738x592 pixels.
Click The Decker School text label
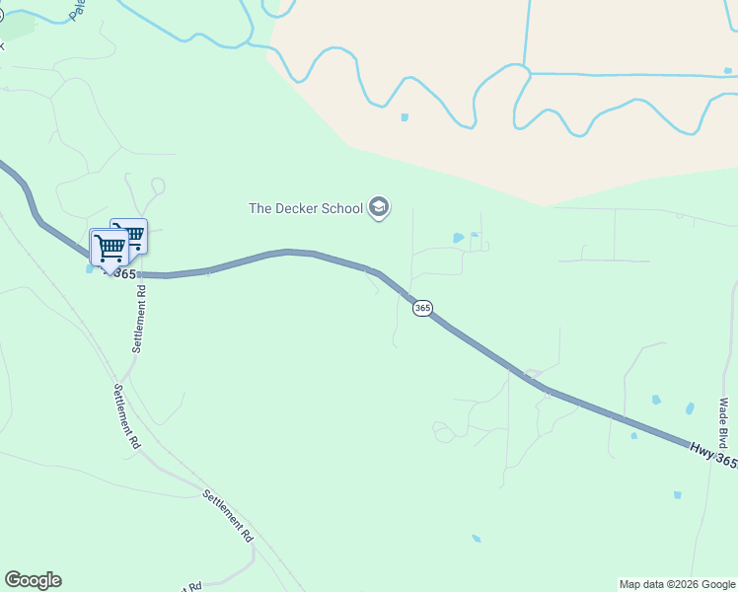coord(305,208)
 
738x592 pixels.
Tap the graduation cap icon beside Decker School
coord(379,207)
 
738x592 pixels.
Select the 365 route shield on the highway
coord(422,308)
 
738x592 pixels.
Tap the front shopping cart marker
coord(108,247)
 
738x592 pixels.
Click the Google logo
coord(33,580)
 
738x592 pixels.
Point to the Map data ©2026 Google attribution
coord(677,584)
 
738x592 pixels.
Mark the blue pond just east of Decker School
coord(458,238)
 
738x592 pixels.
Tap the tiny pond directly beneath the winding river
coord(405,117)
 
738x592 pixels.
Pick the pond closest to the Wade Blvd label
coord(690,407)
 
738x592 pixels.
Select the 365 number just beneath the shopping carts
coord(123,273)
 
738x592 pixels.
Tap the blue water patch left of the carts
coord(91,268)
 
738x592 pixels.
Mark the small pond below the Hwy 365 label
coord(676,494)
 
